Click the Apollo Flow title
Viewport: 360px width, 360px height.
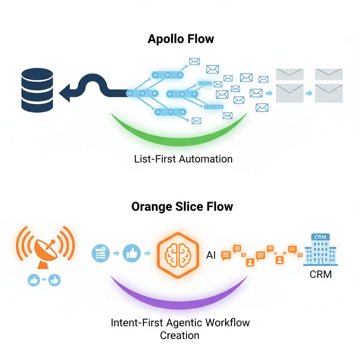point(181,39)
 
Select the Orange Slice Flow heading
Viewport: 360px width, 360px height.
point(182,206)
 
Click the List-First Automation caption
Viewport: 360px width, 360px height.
point(183,159)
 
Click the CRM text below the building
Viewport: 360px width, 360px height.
point(321,274)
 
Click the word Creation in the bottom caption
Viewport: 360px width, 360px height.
point(180,335)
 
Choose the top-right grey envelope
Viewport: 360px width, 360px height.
point(329,75)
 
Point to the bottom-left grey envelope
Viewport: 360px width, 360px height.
point(289,93)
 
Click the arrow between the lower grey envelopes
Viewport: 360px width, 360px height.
point(309,93)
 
